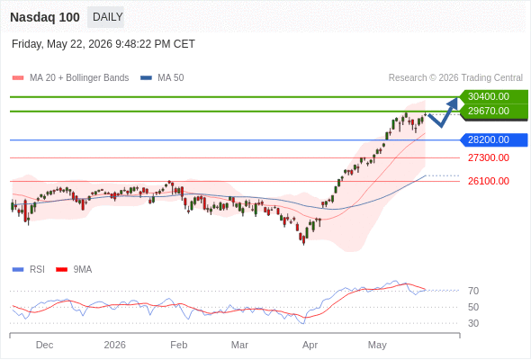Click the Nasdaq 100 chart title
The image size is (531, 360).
(45, 17)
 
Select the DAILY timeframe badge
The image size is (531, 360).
(106, 17)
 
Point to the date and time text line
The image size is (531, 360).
(103, 44)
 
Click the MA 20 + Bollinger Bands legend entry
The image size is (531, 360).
(70, 78)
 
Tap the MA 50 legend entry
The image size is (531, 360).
(162, 78)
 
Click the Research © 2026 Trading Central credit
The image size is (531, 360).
(455, 78)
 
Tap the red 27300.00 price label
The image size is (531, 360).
(489, 157)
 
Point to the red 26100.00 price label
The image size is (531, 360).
(489, 181)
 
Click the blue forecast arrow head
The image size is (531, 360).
(453, 103)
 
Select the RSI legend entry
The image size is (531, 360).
(29, 270)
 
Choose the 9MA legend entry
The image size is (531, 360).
(74, 270)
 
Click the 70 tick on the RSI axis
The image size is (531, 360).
(473, 291)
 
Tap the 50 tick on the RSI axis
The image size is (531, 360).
(473, 307)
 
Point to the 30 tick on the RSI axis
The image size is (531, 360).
(473, 323)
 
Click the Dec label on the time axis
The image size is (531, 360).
(44, 345)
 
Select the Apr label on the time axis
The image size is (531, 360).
(310, 345)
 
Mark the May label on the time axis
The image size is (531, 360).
(377, 345)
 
